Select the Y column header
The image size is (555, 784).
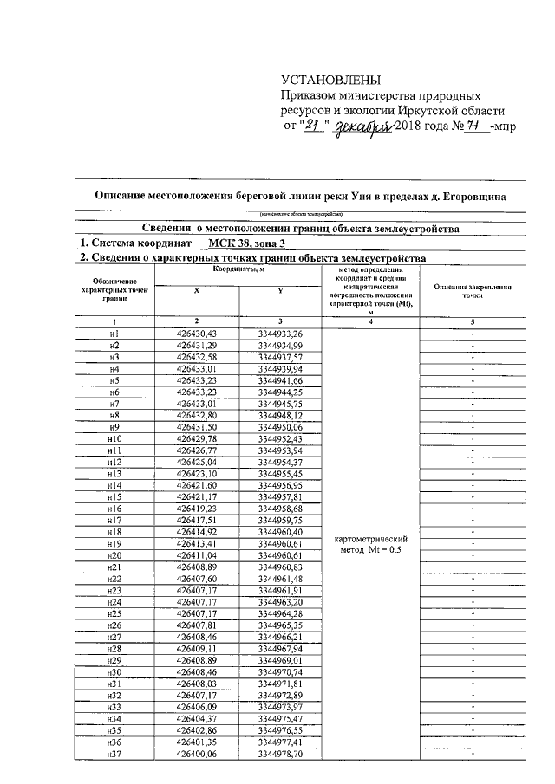pos(281,292)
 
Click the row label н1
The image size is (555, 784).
pos(114,334)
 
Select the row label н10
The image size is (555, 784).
pos(114,439)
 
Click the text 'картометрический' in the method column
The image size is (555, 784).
pos(370,539)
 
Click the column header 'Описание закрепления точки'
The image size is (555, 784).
pos(472,291)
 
